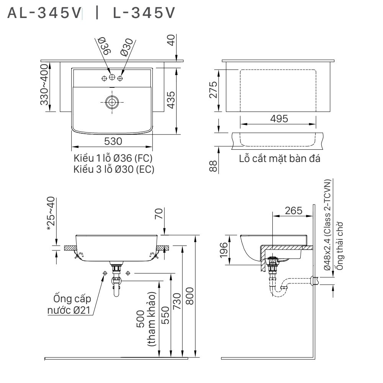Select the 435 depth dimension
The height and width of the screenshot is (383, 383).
[171, 100]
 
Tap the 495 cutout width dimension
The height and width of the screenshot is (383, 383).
[278, 119]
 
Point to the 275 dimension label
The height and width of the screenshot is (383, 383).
[213, 90]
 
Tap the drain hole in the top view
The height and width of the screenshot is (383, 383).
[112, 102]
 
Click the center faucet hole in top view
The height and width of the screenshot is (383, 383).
[112, 78]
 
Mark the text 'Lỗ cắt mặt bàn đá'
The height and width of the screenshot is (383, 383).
[279, 158]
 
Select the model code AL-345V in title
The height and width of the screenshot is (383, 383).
[45, 13]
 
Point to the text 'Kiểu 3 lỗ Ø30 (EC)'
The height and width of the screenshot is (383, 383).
[114, 169]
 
